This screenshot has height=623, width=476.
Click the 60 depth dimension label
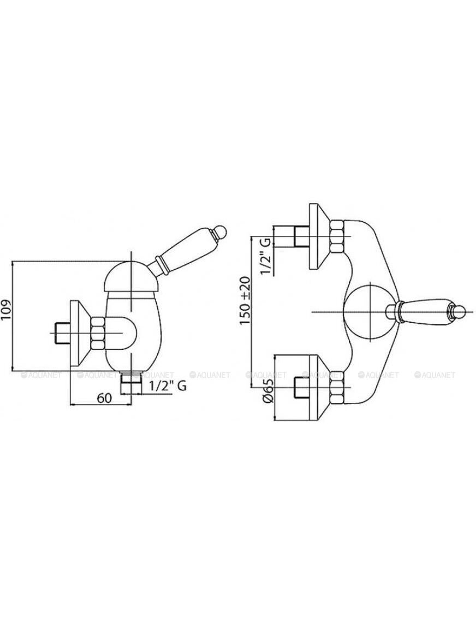click(x=104, y=397)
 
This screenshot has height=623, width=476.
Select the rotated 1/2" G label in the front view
click(x=265, y=256)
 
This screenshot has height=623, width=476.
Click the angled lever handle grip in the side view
click(x=185, y=250)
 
